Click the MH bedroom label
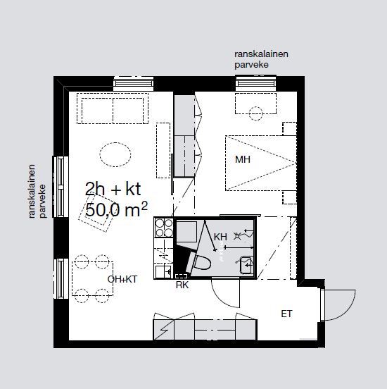point(243,159)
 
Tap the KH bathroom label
point(220,237)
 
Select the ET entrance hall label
point(286,314)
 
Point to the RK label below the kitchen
point(182,285)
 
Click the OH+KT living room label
point(122,279)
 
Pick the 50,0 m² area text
point(116,209)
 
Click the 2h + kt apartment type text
point(113,189)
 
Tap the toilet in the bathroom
point(198,262)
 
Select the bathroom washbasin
point(246,265)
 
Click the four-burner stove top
point(164,228)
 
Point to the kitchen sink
point(164,272)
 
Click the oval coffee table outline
point(115,154)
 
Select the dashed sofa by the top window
point(113,109)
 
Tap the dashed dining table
point(93,278)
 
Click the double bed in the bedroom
point(261,163)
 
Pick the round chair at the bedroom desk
point(255,113)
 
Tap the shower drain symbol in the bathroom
point(237,236)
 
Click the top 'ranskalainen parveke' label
point(261,59)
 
